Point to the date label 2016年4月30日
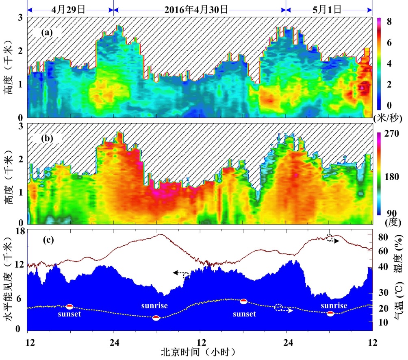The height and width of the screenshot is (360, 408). [199, 9]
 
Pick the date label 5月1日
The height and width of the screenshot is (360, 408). [329, 9]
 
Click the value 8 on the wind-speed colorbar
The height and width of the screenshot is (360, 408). [388, 22]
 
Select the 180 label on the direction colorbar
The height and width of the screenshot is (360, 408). [390, 177]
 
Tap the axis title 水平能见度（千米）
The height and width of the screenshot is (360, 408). [9, 280]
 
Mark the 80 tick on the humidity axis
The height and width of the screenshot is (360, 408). [384, 236]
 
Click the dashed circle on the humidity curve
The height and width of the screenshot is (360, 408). [330, 238]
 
